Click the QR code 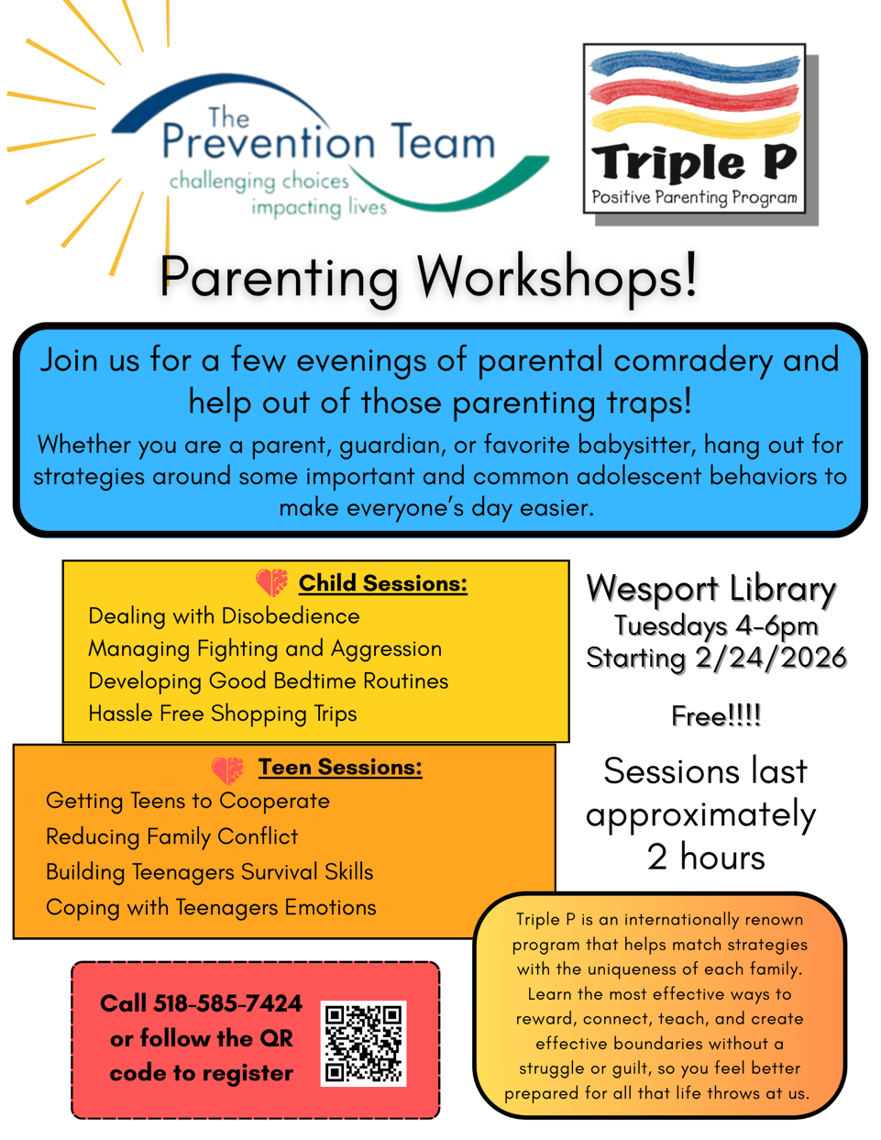[363, 1044]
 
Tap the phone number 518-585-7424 [227, 1003]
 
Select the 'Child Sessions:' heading [382, 583]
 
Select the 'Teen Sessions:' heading [339, 767]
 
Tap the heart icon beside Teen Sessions [227, 769]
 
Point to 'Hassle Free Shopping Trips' [222, 714]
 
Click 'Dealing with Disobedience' [224, 616]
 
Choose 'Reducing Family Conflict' [171, 836]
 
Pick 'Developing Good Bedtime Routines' [268, 681]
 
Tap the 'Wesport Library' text [710, 589]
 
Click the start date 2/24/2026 [770, 658]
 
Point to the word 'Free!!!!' [715, 715]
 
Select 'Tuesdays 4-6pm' [715, 625]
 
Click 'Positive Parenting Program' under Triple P [694, 197]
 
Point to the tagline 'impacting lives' [319, 208]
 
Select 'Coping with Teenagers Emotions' [211, 907]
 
